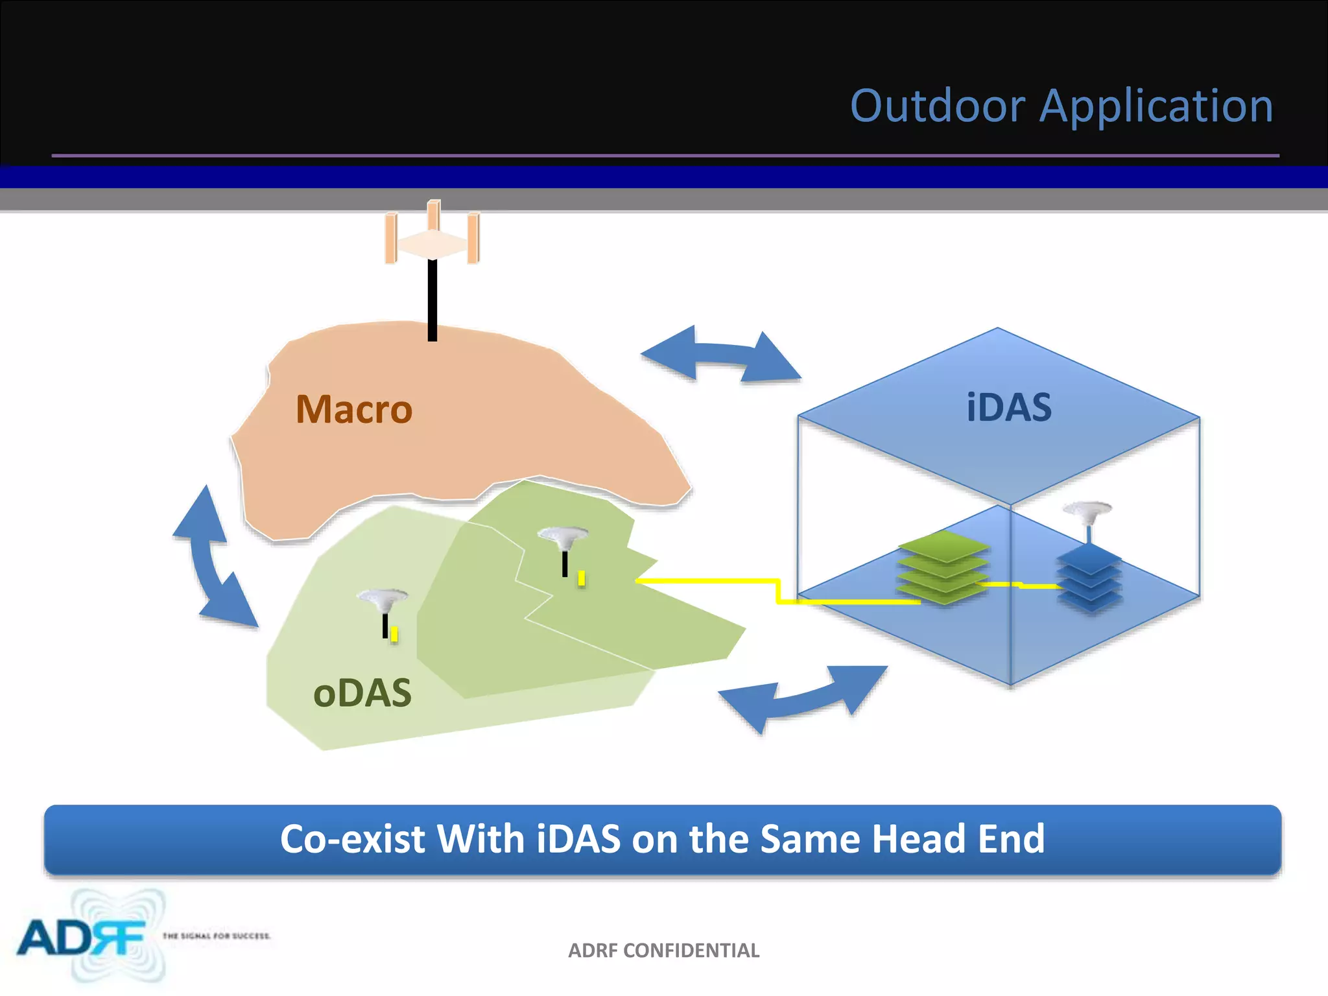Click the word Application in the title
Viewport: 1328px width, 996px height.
tap(1156, 107)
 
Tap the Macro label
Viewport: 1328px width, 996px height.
tap(353, 410)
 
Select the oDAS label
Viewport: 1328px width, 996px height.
tap(362, 693)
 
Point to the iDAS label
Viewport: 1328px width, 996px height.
tap(1009, 408)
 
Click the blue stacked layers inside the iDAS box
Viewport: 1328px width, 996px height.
tap(1089, 577)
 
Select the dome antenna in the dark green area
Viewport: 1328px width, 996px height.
tap(563, 538)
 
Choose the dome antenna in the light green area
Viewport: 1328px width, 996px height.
tap(383, 600)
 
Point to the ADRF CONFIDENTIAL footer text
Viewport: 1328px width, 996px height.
tap(663, 951)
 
